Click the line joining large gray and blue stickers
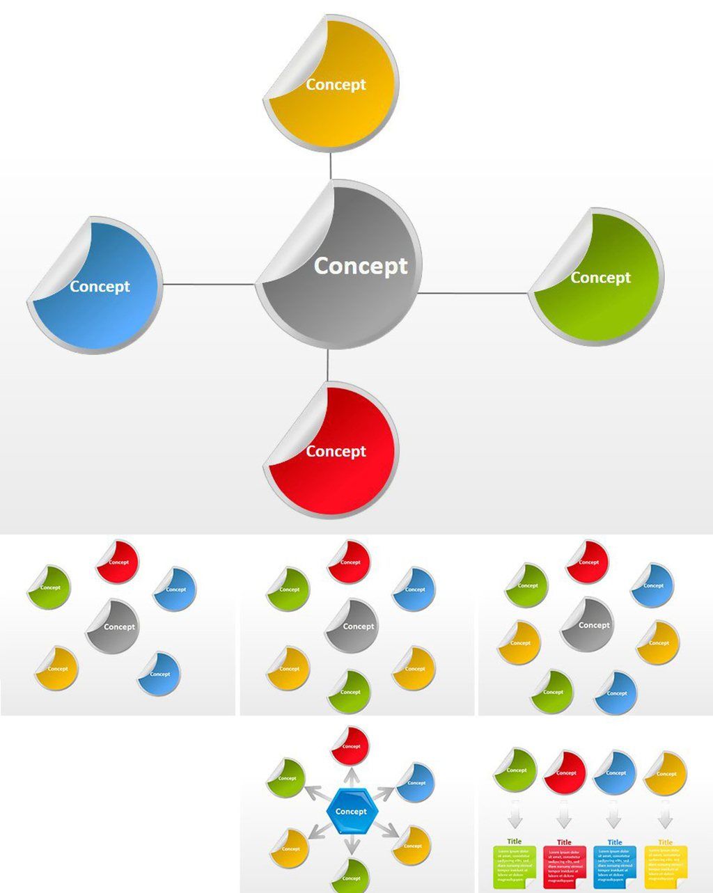tap(209, 284)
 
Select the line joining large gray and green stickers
tap(473, 293)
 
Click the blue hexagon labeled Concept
tap(351, 812)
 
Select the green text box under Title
tap(515, 866)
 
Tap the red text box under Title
tap(565, 866)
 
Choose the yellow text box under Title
tap(666, 866)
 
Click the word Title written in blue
tap(615, 842)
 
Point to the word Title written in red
tap(565, 842)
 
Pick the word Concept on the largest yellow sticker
tap(336, 85)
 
